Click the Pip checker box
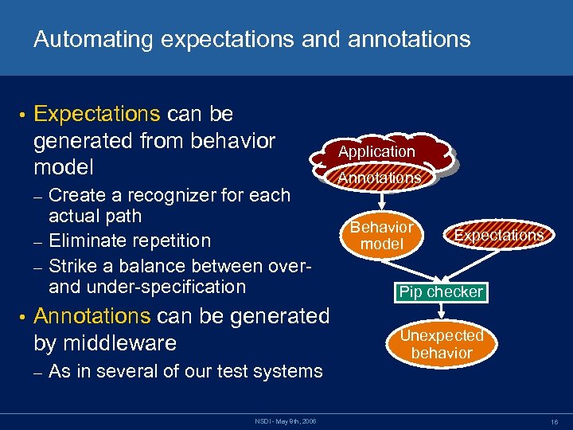(441, 292)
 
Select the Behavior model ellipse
(382, 236)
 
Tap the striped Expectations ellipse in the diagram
(498, 234)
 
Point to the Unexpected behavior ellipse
(442, 344)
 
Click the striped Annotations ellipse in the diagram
(379, 178)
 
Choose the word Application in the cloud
(376, 151)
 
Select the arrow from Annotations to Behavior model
(380, 199)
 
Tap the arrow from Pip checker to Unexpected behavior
(442, 313)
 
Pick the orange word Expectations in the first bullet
(98, 115)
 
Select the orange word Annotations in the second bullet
(92, 316)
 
